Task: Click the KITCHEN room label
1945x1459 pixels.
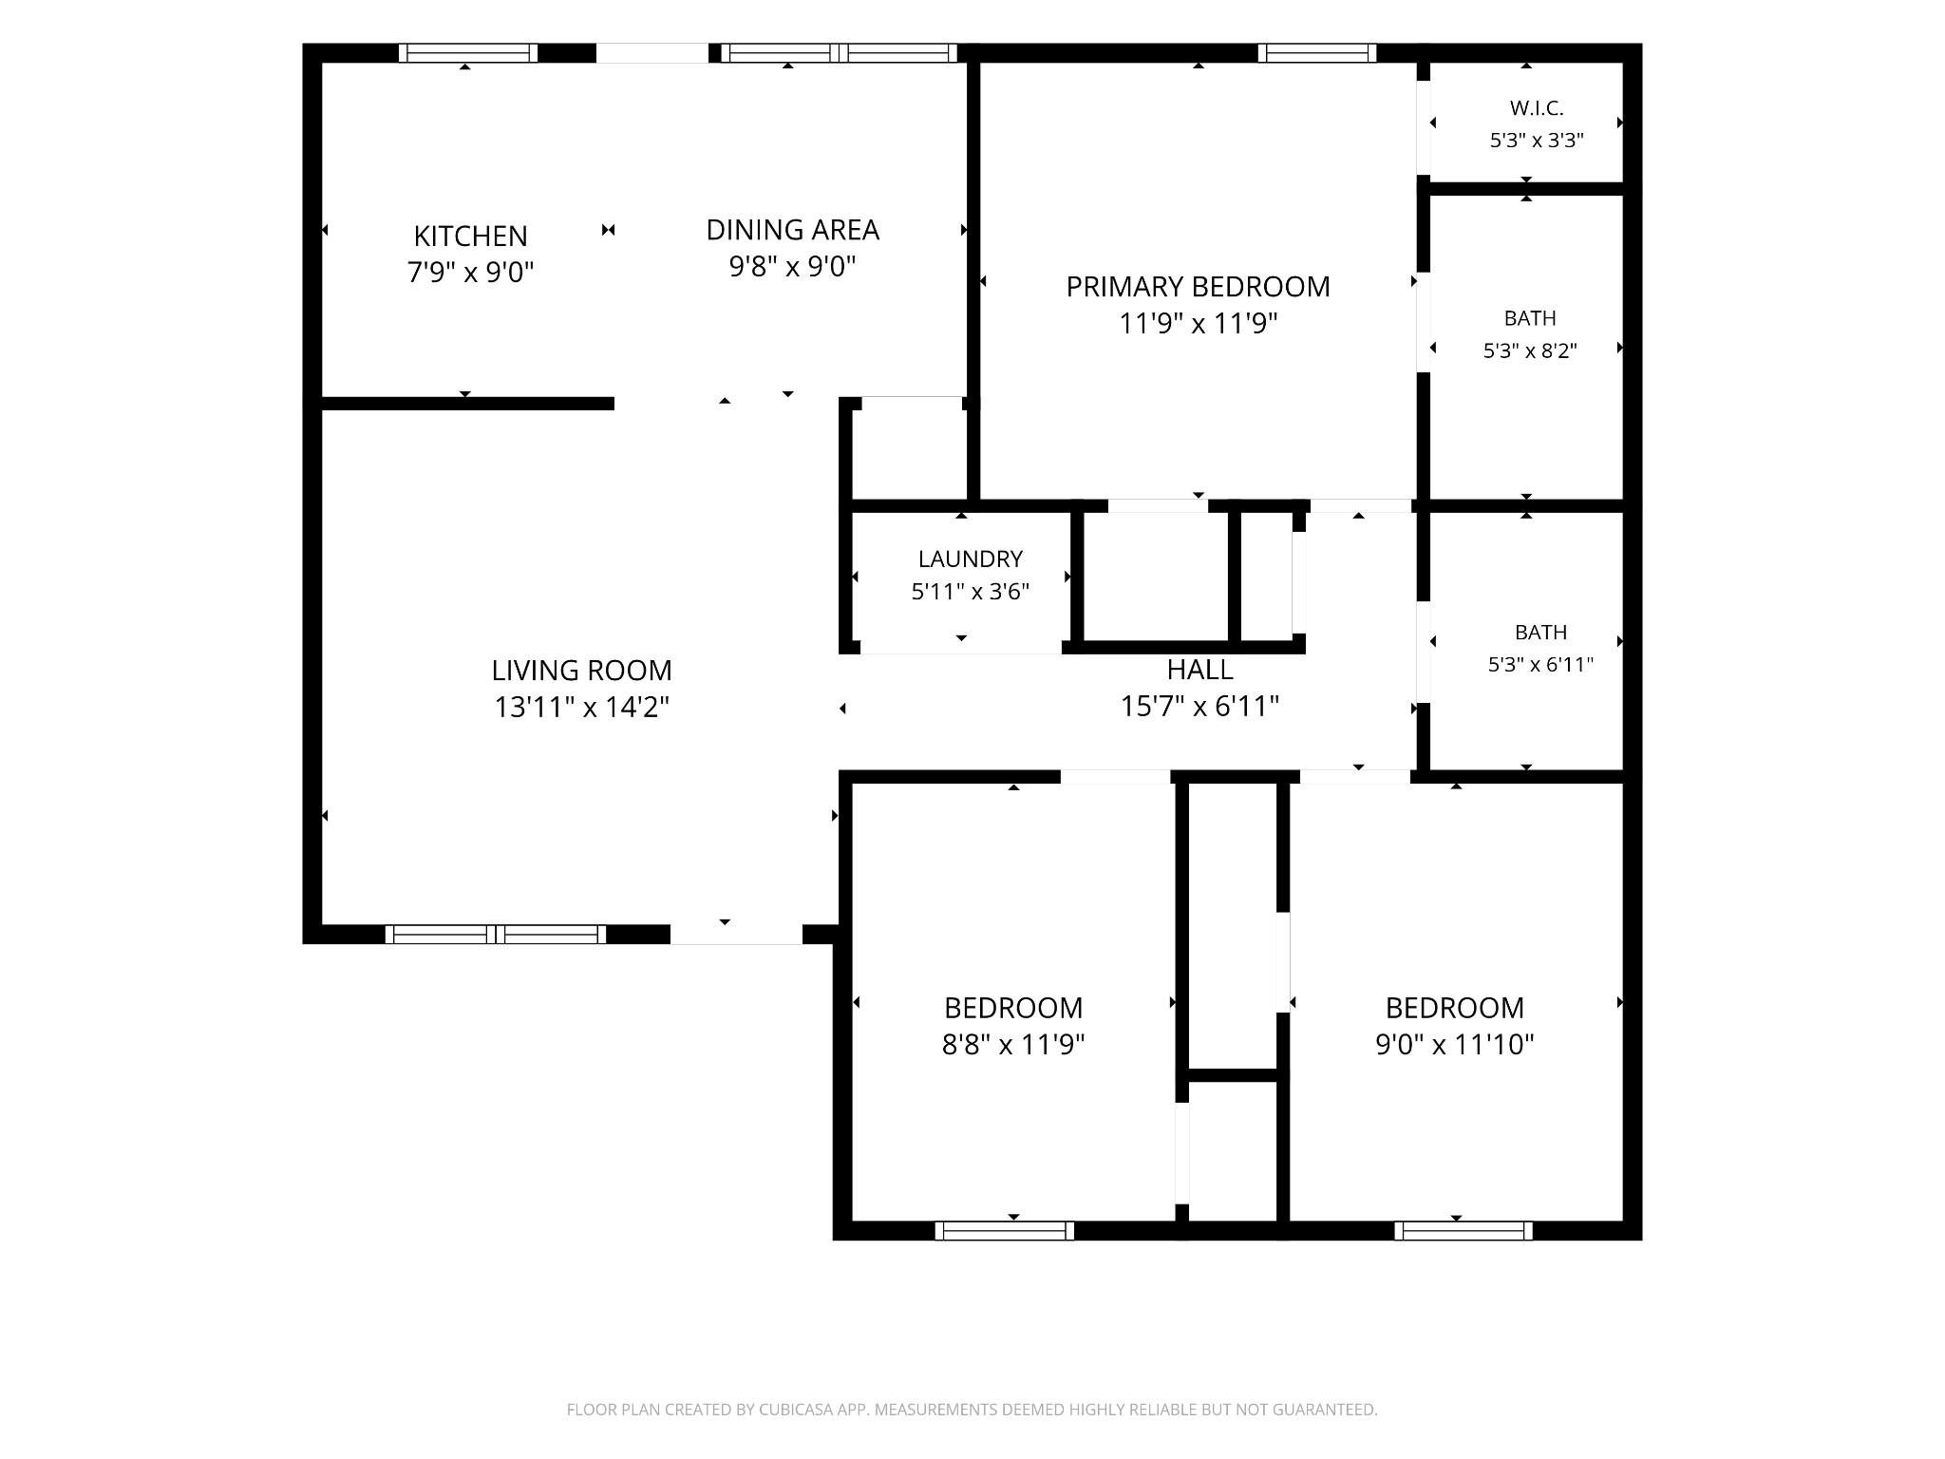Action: tap(470, 236)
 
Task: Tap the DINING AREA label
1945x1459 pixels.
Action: tap(793, 230)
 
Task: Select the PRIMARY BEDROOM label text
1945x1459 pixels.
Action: tap(1198, 287)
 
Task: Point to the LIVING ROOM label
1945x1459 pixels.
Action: tap(581, 671)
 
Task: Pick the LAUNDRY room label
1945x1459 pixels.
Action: tap(970, 559)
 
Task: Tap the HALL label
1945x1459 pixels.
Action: tap(1199, 670)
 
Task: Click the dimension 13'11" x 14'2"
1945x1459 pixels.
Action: tap(581, 708)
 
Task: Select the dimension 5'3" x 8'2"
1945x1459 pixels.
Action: tap(1530, 351)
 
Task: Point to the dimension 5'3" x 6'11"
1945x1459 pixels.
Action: tap(1540, 664)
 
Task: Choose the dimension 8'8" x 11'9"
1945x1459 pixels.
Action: tap(1013, 1045)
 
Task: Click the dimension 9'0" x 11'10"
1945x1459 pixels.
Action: tap(1455, 1045)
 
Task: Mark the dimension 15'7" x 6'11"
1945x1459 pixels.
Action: tap(1199, 707)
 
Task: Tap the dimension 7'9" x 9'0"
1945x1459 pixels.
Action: tap(470, 273)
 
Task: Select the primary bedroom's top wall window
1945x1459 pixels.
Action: tap(1317, 53)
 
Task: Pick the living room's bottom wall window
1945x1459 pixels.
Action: tap(495, 935)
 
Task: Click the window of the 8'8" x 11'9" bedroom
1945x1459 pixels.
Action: tap(1005, 1231)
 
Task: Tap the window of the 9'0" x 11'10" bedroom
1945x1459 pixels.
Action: tap(1463, 1231)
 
